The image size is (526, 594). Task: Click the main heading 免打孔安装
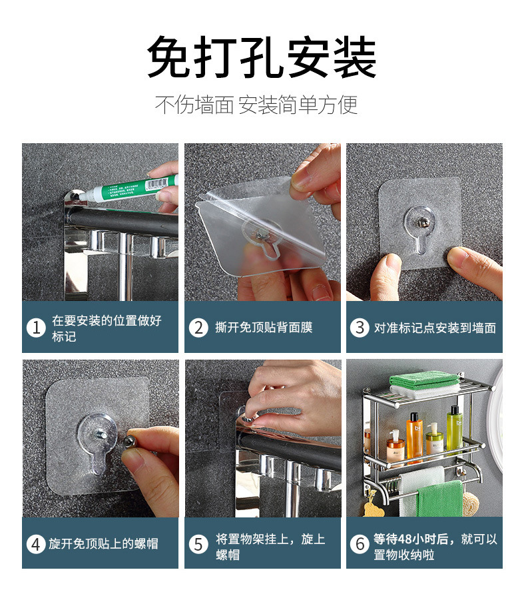click(x=262, y=59)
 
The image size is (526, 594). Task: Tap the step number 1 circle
click(x=35, y=328)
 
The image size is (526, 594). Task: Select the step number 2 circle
click(x=198, y=328)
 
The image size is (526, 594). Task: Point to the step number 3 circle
click(x=360, y=328)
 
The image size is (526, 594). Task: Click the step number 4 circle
click(x=35, y=544)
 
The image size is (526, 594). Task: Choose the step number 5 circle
click(x=198, y=544)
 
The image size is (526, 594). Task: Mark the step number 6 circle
click(x=360, y=544)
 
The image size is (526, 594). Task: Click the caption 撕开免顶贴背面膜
click(x=264, y=328)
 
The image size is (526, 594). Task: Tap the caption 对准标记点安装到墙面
click(x=434, y=328)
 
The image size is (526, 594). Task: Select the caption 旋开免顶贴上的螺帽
click(x=103, y=544)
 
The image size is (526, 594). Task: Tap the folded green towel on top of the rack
click(x=424, y=381)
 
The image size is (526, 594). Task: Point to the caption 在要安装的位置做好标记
click(x=107, y=328)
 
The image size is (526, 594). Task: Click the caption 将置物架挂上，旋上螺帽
click(x=270, y=544)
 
